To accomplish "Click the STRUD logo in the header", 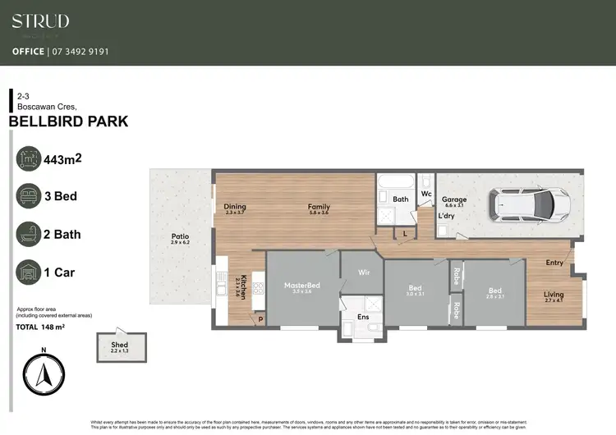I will click(40, 22).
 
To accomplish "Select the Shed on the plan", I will click(122, 346).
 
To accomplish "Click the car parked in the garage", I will click(529, 204).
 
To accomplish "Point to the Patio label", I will click(180, 236).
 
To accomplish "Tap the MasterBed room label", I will click(301, 286).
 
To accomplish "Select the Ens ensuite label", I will click(362, 316).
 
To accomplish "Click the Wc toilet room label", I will click(426, 194).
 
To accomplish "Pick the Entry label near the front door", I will click(555, 263).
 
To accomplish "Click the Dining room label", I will click(235, 207).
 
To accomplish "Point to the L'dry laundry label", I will click(447, 215).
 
